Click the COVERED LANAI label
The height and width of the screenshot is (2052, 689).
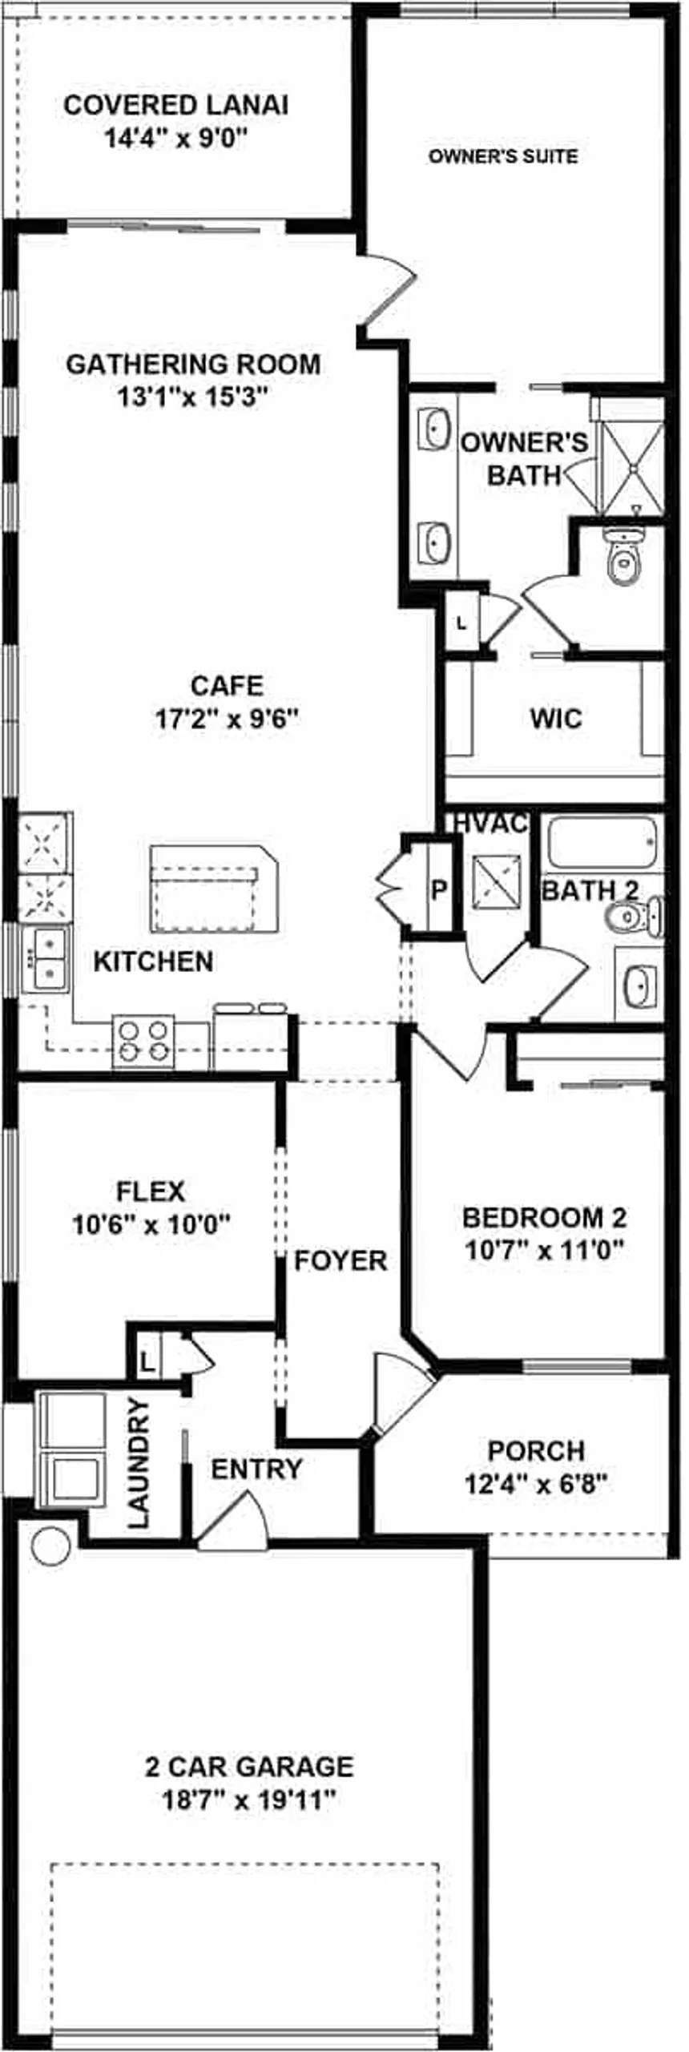tap(175, 105)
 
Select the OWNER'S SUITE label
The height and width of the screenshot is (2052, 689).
tap(502, 156)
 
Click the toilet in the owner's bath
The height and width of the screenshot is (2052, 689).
tap(623, 561)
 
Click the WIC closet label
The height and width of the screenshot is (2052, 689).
tap(555, 718)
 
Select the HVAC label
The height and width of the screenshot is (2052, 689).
tap(490, 824)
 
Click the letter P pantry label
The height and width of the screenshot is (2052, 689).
tap(438, 889)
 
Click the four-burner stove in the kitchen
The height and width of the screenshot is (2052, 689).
tap(143, 1040)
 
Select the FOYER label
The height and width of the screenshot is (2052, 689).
tap(340, 1260)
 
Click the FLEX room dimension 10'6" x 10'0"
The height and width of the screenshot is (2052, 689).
tap(151, 1225)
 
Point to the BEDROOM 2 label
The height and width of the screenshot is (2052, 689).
tap(544, 1217)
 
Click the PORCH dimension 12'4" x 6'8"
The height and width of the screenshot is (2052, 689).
tap(536, 1485)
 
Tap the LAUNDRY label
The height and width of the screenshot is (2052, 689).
tap(139, 1463)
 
